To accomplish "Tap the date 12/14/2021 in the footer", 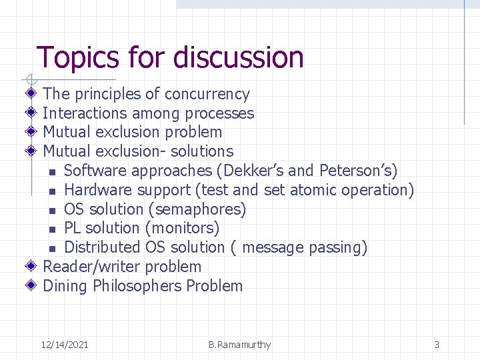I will click(x=65, y=345).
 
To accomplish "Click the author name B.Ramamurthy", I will click(x=239, y=345).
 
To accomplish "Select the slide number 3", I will click(x=437, y=345).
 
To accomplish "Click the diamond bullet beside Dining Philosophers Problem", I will click(x=31, y=286).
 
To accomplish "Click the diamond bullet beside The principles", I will click(x=31, y=94).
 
